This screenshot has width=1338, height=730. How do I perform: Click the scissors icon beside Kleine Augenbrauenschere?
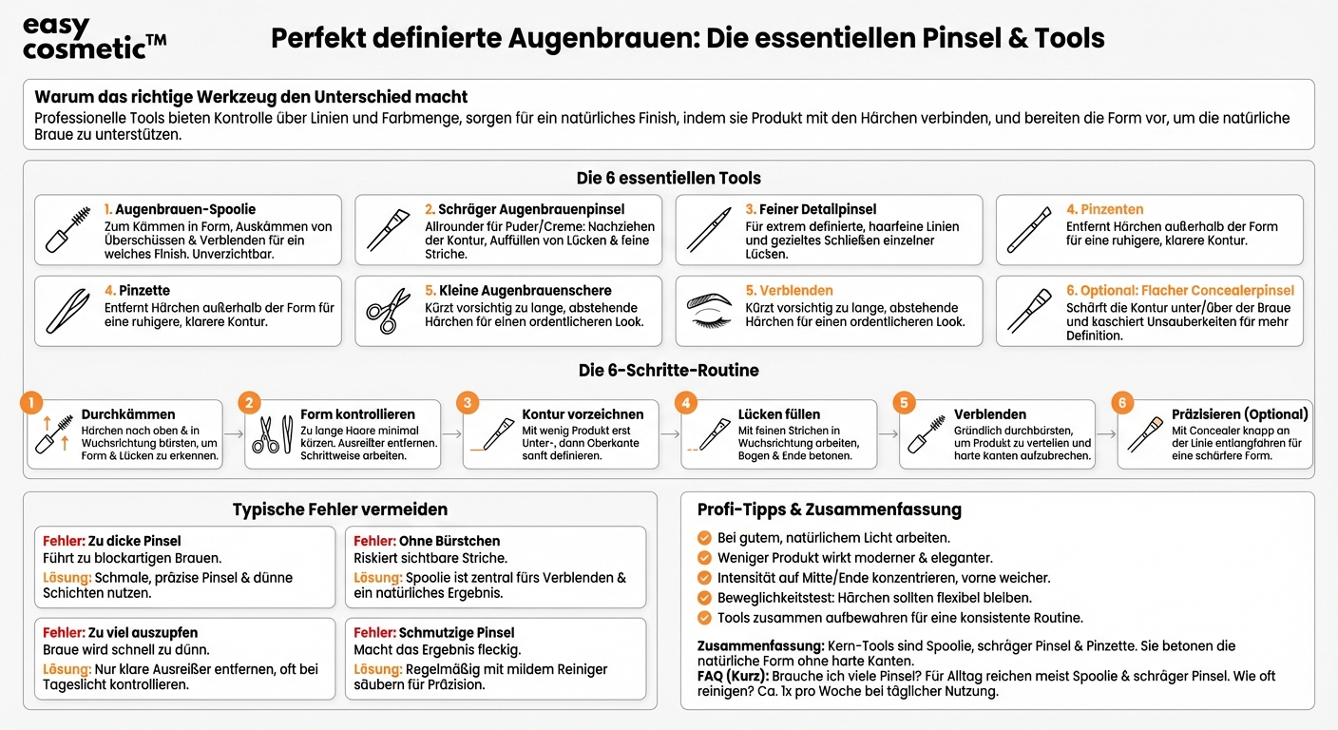[x=387, y=311]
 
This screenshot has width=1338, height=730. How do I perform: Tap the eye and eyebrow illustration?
[x=709, y=311]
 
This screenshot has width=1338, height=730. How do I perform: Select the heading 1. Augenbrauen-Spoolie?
[x=180, y=209]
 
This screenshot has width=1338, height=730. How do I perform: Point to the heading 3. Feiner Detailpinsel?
[x=811, y=209]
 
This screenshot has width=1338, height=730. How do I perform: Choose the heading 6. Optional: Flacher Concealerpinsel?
[x=1180, y=290]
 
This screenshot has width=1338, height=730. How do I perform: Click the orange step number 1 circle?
[x=31, y=403]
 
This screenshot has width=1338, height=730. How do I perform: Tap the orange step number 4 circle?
[x=686, y=403]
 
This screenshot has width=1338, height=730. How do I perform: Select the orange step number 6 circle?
[x=1122, y=403]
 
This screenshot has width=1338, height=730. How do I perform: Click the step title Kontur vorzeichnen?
[x=583, y=414]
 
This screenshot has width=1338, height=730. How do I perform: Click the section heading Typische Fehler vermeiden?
[x=339, y=510]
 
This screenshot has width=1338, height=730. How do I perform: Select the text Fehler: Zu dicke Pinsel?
[x=112, y=541]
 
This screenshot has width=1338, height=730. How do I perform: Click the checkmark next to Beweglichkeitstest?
[x=704, y=598]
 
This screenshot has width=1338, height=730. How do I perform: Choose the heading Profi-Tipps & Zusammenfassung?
[x=829, y=510]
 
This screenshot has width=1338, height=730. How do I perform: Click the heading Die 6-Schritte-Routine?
[x=668, y=371]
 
